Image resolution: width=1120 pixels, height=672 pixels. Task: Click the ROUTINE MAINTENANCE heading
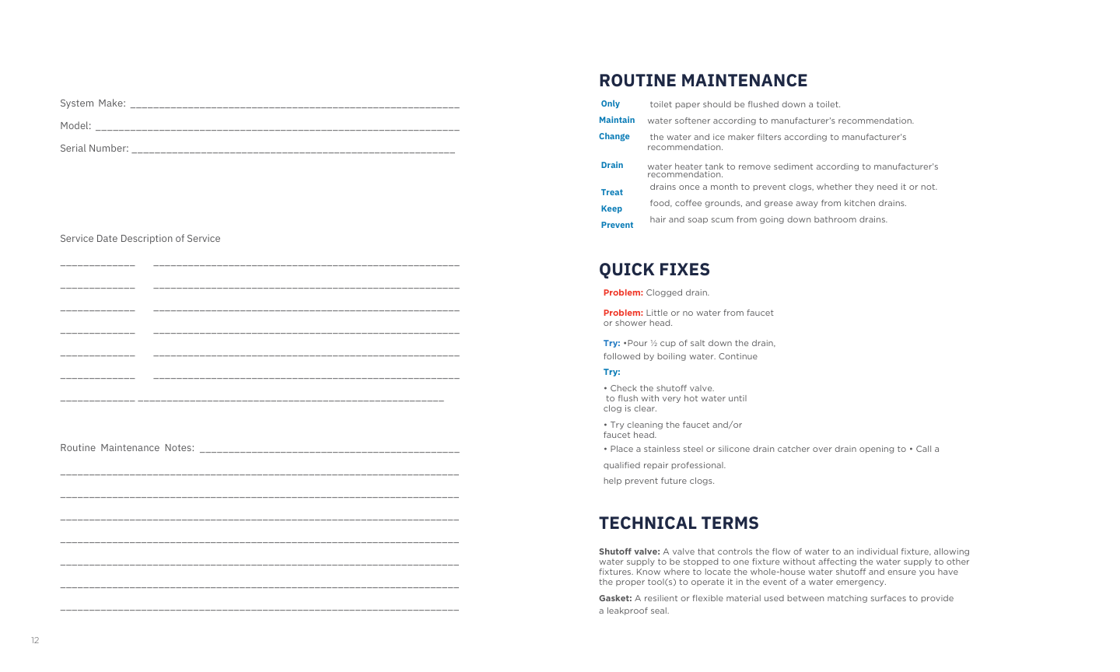pyautogui.click(x=702, y=81)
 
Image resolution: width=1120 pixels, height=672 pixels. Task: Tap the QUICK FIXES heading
pyautogui.click(x=654, y=270)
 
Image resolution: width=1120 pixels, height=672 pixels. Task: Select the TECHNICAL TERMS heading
pyautogui.click(x=678, y=523)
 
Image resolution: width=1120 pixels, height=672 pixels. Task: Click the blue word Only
pyautogui.click(x=611, y=104)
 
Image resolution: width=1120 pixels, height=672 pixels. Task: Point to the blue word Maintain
pyautogui.click(x=617, y=121)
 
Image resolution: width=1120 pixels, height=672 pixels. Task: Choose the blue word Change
pyautogui.click(x=614, y=137)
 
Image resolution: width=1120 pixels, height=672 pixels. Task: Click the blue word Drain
pyautogui.click(x=612, y=166)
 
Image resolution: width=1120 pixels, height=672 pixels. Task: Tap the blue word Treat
pyautogui.click(x=612, y=193)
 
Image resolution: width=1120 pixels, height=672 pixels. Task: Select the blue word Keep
pyautogui.click(x=611, y=209)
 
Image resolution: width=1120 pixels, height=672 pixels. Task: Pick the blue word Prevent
pyautogui.click(x=617, y=226)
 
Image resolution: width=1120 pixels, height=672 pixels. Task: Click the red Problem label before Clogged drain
pyautogui.click(x=623, y=293)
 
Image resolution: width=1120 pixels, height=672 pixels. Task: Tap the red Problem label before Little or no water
pyautogui.click(x=623, y=313)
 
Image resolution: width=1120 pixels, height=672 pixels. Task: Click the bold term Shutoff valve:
pyautogui.click(x=629, y=552)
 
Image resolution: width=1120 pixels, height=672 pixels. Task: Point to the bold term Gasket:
pyautogui.click(x=615, y=599)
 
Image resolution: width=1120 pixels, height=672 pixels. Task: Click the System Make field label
pyautogui.click(x=93, y=103)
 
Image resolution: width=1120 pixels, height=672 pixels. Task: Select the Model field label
pyautogui.click(x=75, y=126)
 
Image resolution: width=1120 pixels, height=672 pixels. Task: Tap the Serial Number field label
pyautogui.click(x=94, y=149)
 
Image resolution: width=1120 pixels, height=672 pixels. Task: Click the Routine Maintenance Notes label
pyautogui.click(x=128, y=448)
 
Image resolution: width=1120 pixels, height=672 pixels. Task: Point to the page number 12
pyautogui.click(x=35, y=641)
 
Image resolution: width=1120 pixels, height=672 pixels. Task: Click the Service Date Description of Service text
pyautogui.click(x=140, y=239)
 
